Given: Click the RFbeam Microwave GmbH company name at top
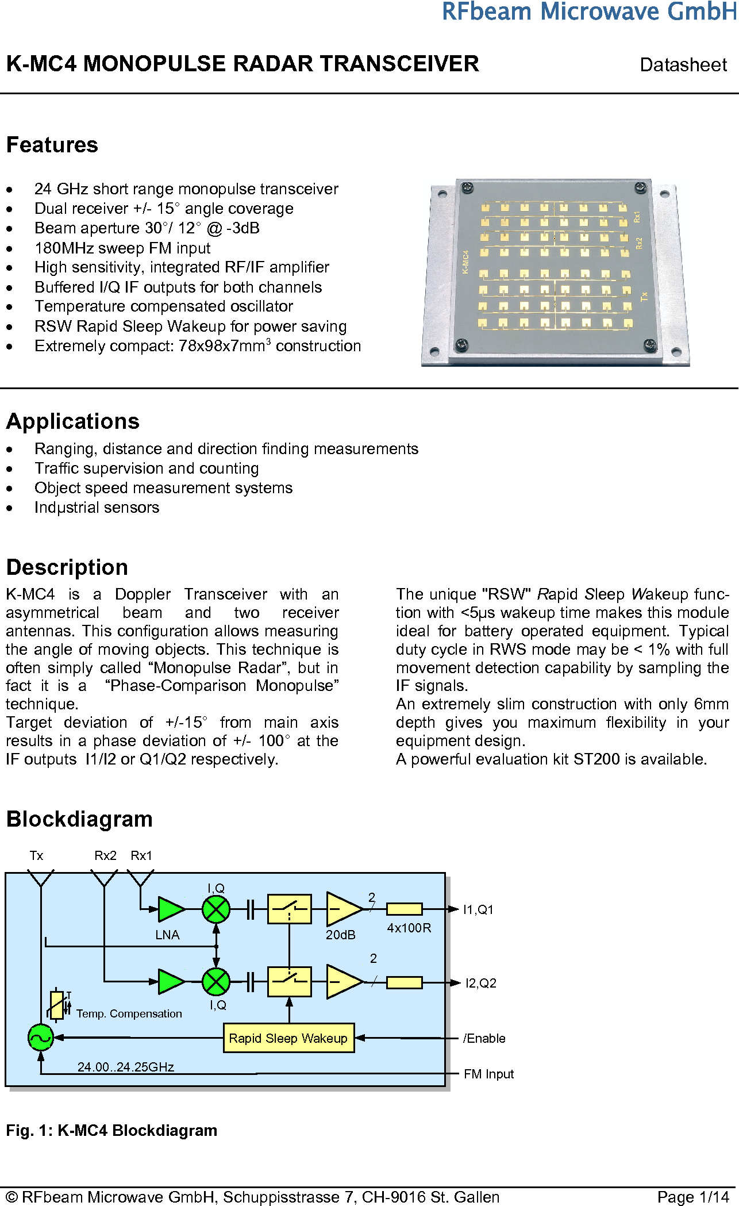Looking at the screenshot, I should pos(588,11).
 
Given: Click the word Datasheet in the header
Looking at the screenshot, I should pos(683,64).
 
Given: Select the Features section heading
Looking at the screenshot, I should pos(52,145).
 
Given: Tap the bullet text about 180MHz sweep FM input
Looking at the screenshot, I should pos(122,248).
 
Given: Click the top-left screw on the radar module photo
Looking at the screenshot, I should pos(468,188).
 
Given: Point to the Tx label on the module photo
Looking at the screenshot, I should pos(644,297).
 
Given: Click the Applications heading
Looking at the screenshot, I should pos(73,421).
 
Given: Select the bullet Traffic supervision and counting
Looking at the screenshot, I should pos(147,468).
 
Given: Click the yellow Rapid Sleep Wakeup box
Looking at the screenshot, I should pos(288,1038).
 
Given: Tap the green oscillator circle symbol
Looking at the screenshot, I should pos(40,1038).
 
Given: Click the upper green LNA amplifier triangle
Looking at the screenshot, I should pos(170,909).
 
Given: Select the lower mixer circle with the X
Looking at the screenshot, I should pos(216,982).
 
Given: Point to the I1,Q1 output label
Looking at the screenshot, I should pos(478,909).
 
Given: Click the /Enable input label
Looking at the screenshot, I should pos(484,1038).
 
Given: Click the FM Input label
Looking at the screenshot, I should pos(488,1074).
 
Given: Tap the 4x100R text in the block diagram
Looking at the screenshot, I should pos(409,928).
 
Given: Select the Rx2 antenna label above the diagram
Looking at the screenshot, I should pos(105,855).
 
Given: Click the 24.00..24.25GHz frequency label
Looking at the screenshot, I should pos(126,1067).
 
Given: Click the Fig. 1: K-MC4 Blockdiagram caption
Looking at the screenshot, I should pos(111,1130).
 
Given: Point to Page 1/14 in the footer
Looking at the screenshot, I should pos(693,1197).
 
